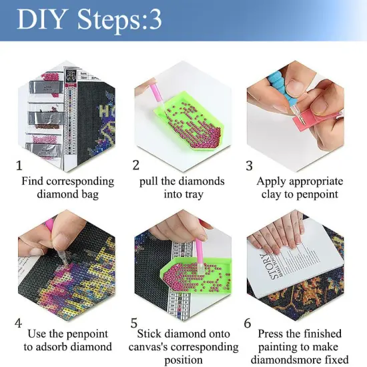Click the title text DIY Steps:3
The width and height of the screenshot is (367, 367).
(x=89, y=20)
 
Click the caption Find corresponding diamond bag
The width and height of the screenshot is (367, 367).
(x=67, y=188)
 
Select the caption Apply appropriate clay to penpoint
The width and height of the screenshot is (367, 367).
(x=300, y=188)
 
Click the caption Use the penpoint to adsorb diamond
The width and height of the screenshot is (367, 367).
(x=67, y=340)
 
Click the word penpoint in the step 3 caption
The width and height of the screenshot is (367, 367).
(x=316, y=195)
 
